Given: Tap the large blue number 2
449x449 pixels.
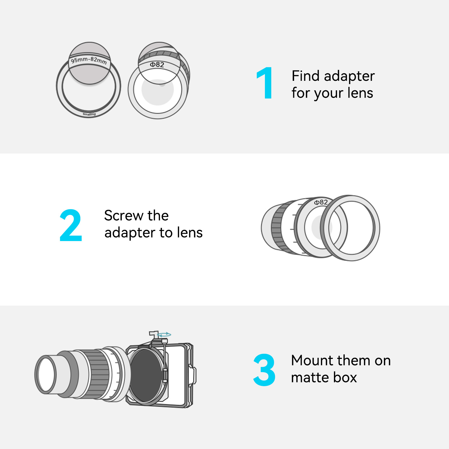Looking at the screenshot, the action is pos(71,225).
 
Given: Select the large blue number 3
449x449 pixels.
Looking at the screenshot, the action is pos(264,370).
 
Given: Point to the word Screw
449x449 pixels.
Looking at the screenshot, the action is pos(124,216).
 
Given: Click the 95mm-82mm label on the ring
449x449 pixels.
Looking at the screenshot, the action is pos(89,60).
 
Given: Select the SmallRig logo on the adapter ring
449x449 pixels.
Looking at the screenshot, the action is pos(89,114).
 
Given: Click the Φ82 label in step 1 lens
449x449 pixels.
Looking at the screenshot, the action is pos(157,65).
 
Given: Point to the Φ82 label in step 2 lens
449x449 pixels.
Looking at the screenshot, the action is pos(321,202).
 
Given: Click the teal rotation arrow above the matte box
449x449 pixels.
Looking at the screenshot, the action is pos(164,335).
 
